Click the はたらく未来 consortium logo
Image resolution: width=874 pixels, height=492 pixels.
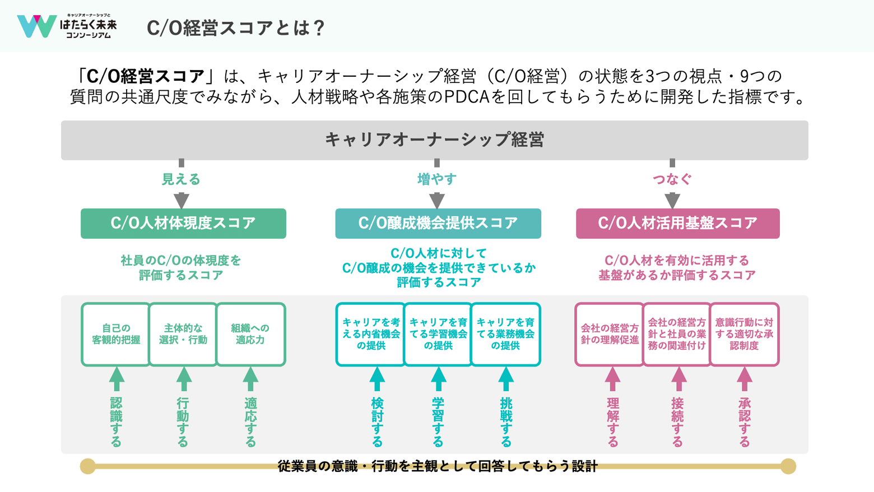pyautogui.click(x=67, y=26)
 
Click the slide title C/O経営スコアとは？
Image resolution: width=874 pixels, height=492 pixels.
pyautogui.click(x=236, y=27)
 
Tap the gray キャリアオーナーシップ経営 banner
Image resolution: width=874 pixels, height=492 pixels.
pyautogui.click(x=434, y=140)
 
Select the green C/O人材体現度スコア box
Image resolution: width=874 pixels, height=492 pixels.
pyautogui.click(x=183, y=223)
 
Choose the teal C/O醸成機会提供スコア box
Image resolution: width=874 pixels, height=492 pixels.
pyautogui.click(x=438, y=223)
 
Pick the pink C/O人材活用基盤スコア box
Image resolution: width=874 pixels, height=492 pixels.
pyautogui.click(x=677, y=223)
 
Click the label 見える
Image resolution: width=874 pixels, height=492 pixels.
pyautogui.click(x=181, y=179)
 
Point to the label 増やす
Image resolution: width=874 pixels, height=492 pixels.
pyautogui.click(x=437, y=179)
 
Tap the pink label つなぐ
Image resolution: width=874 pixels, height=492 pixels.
pyautogui.click(x=672, y=179)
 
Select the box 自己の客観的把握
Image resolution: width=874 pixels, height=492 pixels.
pyautogui.click(x=116, y=335)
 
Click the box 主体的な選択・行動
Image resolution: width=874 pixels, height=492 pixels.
pyautogui.click(x=183, y=335)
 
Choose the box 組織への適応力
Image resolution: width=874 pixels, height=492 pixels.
pyautogui.click(x=250, y=335)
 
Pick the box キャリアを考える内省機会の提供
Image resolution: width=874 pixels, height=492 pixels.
pyautogui.click(x=371, y=335)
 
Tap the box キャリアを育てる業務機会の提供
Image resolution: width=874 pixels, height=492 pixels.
pyautogui.click(x=505, y=335)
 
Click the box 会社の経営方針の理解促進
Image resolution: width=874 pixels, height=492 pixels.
pyautogui.click(x=610, y=335)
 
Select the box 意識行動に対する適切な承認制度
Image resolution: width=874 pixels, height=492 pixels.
pyautogui.click(x=744, y=335)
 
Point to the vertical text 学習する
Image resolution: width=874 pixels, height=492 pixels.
pyautogui.click(x=438, y=422)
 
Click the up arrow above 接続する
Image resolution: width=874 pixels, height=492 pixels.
pyautogui.click(x=678, y=379)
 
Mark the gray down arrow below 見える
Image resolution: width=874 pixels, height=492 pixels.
pyautogui.click(x=181, y=200)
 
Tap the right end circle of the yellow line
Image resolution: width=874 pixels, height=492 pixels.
pyautogui.click(x=788, y=466)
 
